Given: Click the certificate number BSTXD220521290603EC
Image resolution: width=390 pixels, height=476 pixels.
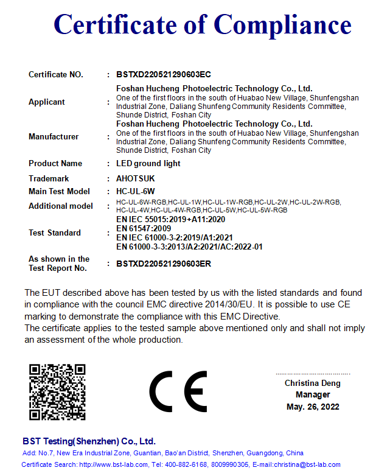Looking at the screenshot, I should tap(164, 75).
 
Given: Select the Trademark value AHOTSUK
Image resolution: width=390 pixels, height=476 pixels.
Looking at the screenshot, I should tap(135, 179).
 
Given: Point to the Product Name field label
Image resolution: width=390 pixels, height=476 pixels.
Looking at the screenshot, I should tap(55, 164).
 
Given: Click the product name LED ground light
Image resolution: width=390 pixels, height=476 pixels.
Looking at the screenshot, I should tap(148, 164).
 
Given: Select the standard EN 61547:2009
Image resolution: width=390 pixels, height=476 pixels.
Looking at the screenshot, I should tap(144, 228).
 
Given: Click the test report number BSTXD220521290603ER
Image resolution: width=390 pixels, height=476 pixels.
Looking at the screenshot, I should tap(164, 264).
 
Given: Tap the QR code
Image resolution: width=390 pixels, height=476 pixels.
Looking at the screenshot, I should tap(58, 392).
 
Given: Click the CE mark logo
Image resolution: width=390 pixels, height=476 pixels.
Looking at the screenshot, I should tap(178, 390).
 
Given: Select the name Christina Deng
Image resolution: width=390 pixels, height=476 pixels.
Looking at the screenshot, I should tap(313, 383).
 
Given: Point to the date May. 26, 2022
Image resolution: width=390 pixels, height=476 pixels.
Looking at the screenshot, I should tap(313, 407).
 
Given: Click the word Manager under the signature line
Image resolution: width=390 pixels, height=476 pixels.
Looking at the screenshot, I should tap(313, 395).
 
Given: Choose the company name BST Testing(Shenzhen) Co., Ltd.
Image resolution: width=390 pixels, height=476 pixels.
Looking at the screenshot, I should tap(89, 441).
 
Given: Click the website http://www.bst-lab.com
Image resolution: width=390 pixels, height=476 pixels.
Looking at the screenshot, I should tap(114, 464).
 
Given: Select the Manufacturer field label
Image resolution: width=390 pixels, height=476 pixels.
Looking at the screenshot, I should tap(54, 137).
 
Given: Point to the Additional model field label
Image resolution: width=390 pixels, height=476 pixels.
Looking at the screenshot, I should tap(61, 206).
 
